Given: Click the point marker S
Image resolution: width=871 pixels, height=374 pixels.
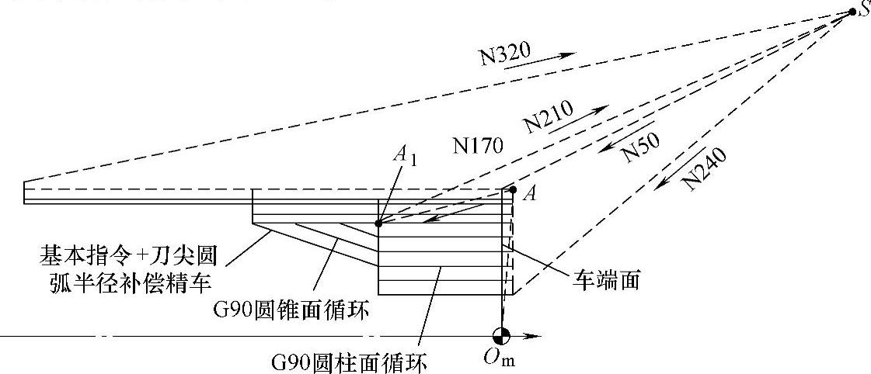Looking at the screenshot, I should (x=852, y=12).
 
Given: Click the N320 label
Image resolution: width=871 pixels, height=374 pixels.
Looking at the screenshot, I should (x=505, y=54).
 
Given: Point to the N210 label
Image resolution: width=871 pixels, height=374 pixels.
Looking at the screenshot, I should (x=549, y=116).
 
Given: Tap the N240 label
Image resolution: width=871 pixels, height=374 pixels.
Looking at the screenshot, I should (x=706, y=168).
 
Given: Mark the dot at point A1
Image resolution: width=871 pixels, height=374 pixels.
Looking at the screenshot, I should (x=378, y=223).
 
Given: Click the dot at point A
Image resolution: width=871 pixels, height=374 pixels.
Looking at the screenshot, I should (x=513, y=189).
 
